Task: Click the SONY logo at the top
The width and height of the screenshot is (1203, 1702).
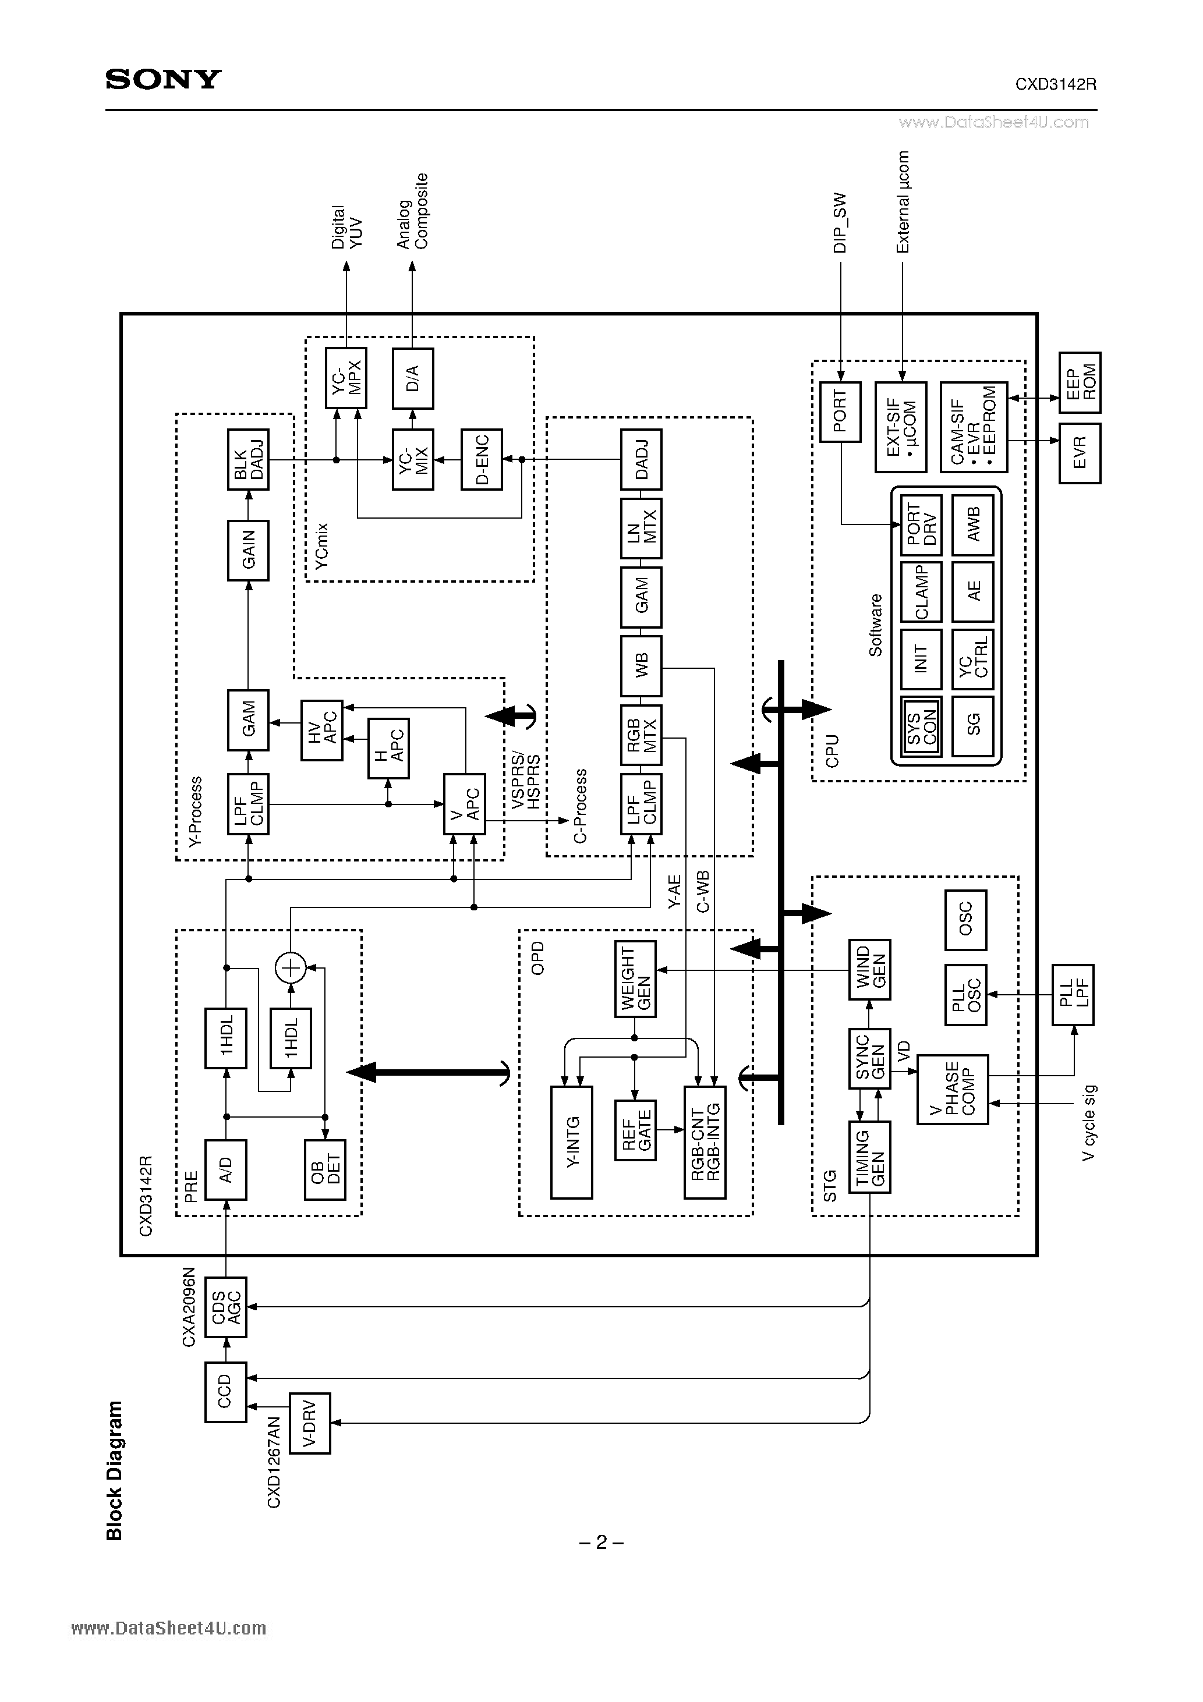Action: coord(163,79)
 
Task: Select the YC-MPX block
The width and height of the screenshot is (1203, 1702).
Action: coord(346,377)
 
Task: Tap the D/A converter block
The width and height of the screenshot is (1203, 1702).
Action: coord(413,377)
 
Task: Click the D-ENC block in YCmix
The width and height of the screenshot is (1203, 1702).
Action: coord(482,460)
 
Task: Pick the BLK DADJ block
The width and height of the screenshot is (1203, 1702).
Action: coord(247,460)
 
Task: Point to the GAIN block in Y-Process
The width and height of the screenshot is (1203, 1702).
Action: coord(247,550)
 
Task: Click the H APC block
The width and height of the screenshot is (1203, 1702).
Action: coord(388,748)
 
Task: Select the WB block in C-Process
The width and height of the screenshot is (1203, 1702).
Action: coord(641,666)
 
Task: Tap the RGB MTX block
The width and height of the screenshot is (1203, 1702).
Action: coord(641,735)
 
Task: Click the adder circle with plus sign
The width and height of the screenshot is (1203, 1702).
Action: coord(291,967)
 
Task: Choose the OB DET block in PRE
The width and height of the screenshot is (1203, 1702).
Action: coord(325,1170)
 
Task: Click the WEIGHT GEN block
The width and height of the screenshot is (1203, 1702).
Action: coord(635,978)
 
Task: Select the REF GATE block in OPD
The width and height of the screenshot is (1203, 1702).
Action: coord(635,1130)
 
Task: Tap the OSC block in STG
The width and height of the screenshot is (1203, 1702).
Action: coord(965,920)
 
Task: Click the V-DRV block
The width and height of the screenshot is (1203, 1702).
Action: coord(309,1423)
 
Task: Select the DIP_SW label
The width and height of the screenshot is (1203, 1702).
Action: coord(840,223)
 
